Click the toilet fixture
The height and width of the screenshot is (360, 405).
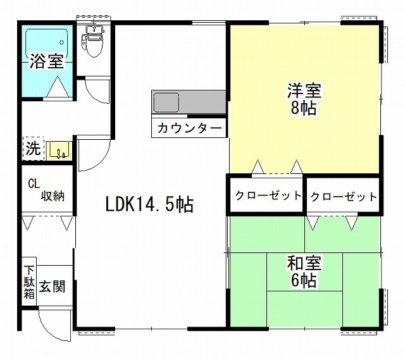pos(93,41)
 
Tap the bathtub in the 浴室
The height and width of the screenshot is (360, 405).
pos(47,44)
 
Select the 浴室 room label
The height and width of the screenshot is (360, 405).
pos(47,61)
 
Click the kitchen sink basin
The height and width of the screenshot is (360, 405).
pos(166,102)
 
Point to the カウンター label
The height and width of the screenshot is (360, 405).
pos(190,128)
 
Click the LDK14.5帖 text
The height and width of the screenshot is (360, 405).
pos(149,204)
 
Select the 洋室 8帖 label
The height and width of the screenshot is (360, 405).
pos(304,99)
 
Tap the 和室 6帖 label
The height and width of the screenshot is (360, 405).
pos(304,271)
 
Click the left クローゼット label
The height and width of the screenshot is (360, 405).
pos(268,196)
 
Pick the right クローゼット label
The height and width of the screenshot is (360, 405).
pos(344,197)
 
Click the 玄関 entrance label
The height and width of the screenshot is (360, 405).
pos(52,287)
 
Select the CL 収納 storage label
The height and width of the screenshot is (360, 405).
pos(46,190)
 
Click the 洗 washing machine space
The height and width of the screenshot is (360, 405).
pos(34,149)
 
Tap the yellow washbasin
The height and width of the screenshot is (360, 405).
pos(59,151)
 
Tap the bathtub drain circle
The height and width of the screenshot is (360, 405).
pos(62,42)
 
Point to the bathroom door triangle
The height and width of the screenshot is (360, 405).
pos(58,87)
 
